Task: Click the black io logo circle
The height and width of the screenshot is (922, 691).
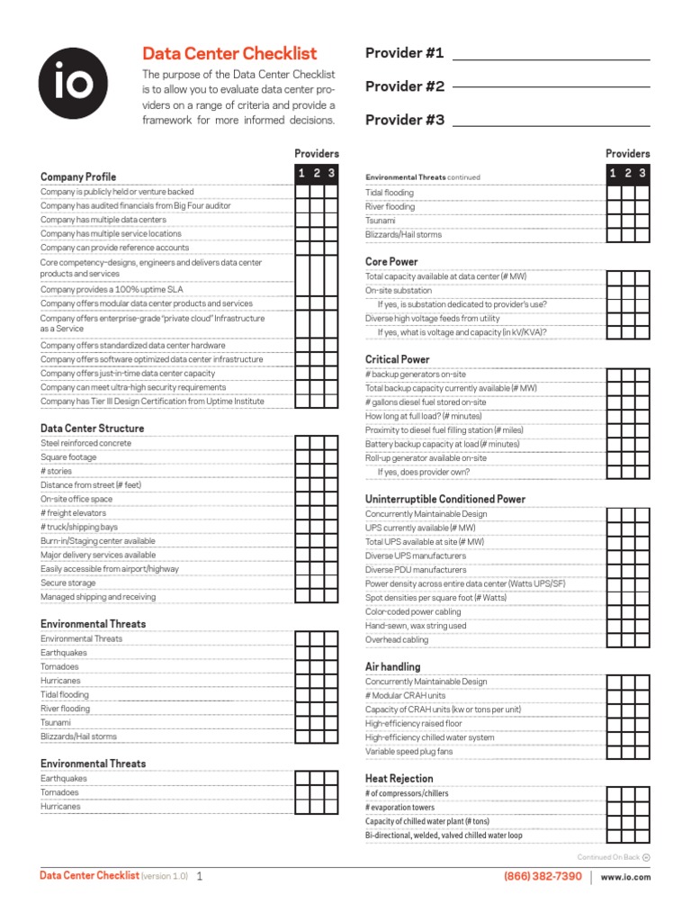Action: point(73,84)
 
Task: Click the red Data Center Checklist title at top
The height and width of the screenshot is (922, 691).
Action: point(229,54)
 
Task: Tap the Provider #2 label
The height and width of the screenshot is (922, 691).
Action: point(405,86)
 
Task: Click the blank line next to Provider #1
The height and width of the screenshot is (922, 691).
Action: point(551,56)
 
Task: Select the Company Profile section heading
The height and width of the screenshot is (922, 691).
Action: point(78,176)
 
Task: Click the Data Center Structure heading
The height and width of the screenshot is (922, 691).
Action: point(92,429)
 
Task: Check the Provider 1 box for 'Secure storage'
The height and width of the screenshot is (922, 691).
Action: point(303,583)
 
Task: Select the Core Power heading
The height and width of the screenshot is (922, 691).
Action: point(391,262)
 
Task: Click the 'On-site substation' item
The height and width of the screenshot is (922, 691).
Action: point(399,291)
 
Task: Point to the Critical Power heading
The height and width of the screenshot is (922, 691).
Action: point(397,359)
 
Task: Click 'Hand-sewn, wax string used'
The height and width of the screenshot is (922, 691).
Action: point(416,626)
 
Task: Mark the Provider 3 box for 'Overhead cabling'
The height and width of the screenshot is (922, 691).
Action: point(642,640)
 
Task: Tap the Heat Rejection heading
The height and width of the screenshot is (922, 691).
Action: point(399,779)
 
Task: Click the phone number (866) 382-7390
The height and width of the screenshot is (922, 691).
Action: point(543,876)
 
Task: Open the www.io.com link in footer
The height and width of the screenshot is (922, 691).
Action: point(625,877)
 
